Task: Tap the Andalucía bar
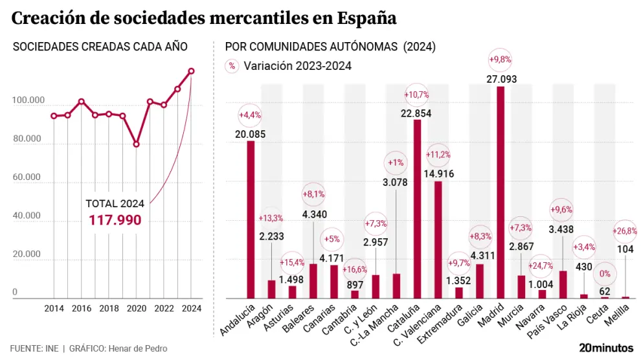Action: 251,219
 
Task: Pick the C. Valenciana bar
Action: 438,240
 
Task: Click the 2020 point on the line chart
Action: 136,144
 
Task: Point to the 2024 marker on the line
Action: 191,71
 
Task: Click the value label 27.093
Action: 500,79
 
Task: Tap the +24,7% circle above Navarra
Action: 541,265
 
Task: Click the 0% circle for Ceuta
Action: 605,274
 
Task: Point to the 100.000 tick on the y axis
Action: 28,101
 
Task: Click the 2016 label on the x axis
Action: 81,308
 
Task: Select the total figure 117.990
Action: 115,220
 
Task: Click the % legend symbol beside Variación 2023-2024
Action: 231,66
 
